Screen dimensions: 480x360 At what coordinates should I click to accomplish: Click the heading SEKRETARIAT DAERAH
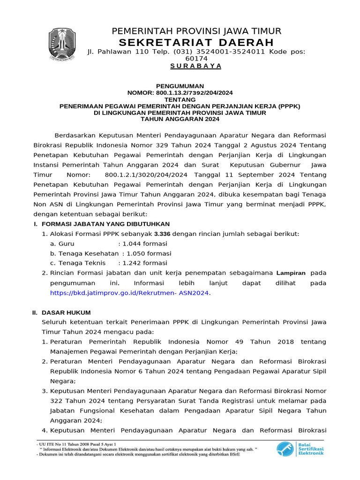[x=196, y=43]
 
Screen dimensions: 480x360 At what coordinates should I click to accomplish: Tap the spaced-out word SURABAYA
[x=196, y=66]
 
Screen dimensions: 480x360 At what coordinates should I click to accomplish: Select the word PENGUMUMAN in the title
[x=180, y=86]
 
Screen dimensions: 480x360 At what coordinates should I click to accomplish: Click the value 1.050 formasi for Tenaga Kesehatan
[x=149, y=253]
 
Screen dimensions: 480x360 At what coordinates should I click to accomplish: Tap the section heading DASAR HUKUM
[x=66, y=312]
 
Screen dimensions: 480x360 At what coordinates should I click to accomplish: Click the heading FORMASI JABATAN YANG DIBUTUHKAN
[x=105, y=224]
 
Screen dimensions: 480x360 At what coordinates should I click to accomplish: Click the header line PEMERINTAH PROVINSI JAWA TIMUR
[x=196, y=31]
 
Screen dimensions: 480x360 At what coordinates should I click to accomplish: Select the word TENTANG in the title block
[x=180, y=99]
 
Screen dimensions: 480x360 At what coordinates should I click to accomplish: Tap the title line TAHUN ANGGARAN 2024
[x=180, y=119]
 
